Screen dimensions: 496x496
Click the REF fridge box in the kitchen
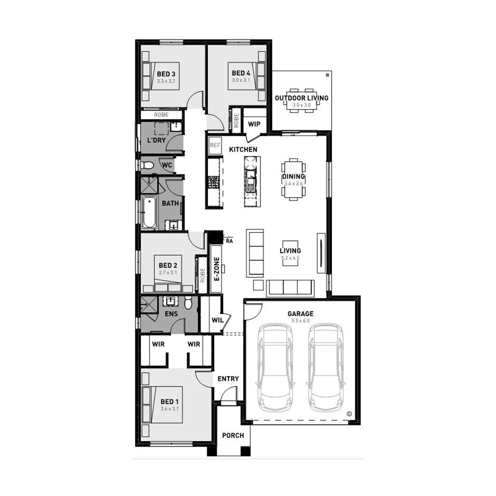(x=215, y=145)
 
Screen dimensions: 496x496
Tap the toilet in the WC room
(x=146, y=165)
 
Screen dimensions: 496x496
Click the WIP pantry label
(x=254, y=124)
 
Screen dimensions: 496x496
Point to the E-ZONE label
(x=217, y=269)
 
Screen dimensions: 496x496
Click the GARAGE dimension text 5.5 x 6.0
(x=300, y=321)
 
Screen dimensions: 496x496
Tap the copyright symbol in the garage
(x=349, y=414)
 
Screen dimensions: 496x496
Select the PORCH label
(x=233, y=435)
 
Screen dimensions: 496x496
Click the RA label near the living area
(x=229, y=241)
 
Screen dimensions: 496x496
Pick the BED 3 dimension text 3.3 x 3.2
(x=166, y=81)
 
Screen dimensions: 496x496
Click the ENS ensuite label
(x=171, y=314)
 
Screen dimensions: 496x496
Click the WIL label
(x=217, y=320)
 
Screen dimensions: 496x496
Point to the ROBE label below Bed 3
(x=161, y=114)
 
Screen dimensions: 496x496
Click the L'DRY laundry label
(x=156, y=140)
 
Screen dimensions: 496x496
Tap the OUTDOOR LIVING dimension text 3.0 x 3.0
(x=302, y=105)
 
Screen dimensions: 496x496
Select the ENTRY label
(x=228, y=379)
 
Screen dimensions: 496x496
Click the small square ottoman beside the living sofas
(x=258, y=285)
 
